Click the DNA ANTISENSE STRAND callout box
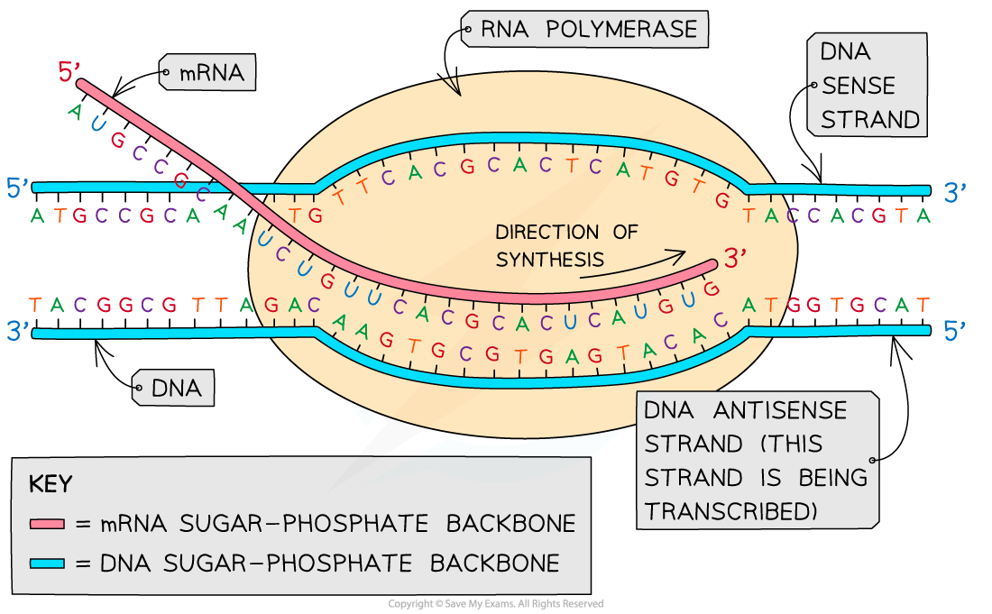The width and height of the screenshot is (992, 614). click(x=756, y=461)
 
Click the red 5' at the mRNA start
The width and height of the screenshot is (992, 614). click(x=69, y=72)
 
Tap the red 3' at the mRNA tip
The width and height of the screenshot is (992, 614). click(x=736, y=259)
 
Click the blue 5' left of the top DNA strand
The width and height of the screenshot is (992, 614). click(x=18, y=188)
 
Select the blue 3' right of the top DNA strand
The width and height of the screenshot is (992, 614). click(x=955, y=192)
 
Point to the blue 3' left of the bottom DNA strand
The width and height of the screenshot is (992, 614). click(x=18, y=331)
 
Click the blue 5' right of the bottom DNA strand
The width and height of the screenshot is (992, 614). click(x=955, y=331)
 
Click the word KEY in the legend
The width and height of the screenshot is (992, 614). click(x=51, y=485)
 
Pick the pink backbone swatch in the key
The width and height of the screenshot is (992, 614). click(x=47, y=524)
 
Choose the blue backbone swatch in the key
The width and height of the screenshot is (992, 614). click(x=47, y=564)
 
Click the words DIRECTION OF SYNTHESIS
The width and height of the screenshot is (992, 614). click(x=565, y=245)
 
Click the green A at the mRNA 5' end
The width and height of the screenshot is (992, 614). click(x=75, y=111)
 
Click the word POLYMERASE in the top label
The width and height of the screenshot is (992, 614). click(x=621, y=30)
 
